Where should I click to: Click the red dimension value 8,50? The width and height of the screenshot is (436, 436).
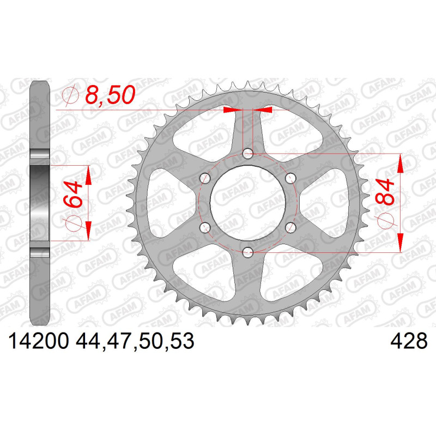pyautogui.click(x=110, y=95)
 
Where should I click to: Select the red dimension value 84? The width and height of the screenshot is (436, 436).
pyautogui.click(x=384, y=192)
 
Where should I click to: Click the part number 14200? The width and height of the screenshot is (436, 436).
pyautogui.click(x=39, y=341)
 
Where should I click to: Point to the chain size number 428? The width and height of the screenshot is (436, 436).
pyautogui.click(x=409, y=341)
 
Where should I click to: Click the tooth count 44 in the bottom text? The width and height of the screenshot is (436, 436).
pyautogui.click(x=88, y=341)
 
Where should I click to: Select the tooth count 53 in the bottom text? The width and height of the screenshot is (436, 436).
pyautogui.click(x=182, y=341)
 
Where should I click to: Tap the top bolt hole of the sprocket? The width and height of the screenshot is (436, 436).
pyautogui.click(x=247, y=153)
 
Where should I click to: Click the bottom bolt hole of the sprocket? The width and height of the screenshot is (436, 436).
pyautogui.click(x=247, y=253)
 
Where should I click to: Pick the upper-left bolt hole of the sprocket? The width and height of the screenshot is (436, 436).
pyautogui.click(x=205, y=178)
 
